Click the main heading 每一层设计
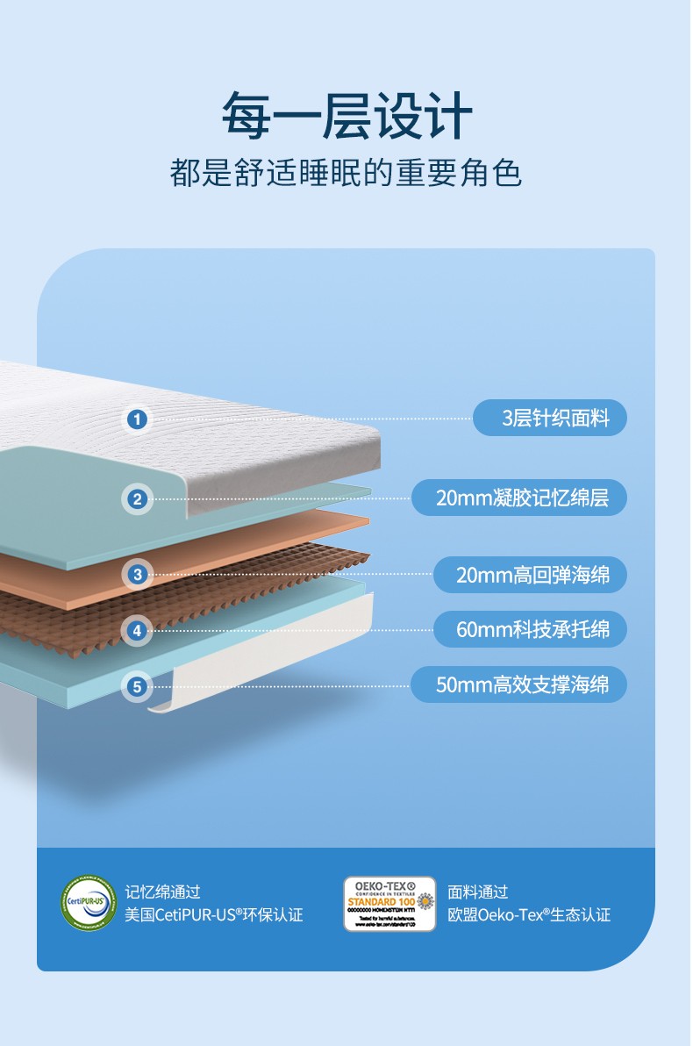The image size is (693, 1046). pyautogui.click(x=346, y=115)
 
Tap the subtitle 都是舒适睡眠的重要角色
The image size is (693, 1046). pyautogui.click(x=346, y=173)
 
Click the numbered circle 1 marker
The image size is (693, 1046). pyautogui.click(x=136, y=419)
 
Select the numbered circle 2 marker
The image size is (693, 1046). pyautogui.click(x=136, y=499)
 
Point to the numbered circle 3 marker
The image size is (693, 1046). pyautogui.click(x=136, y=575)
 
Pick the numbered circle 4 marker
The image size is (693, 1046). pyautogui.click(x=136, y=629)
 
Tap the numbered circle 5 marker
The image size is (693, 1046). pyautogui.click(x=136, y=685)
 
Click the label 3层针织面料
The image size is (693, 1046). pyautogui.click(x=550, y=418)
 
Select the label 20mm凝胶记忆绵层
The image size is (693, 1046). pyautogui.click(x=519, y=498)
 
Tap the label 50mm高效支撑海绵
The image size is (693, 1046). pyautogui.click(x=519, y=684)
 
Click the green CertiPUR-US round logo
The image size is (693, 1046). pyautogui.click(x=88, y=903)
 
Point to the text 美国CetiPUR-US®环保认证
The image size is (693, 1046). pyautogui.click(x=213, y=915)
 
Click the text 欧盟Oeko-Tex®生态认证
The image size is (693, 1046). pyautogui.click(x=529, y=915)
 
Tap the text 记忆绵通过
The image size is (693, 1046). pyautogui.click(x=162, y=892)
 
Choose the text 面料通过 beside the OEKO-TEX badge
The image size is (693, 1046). pyautogui.click(x=478, y=892)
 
